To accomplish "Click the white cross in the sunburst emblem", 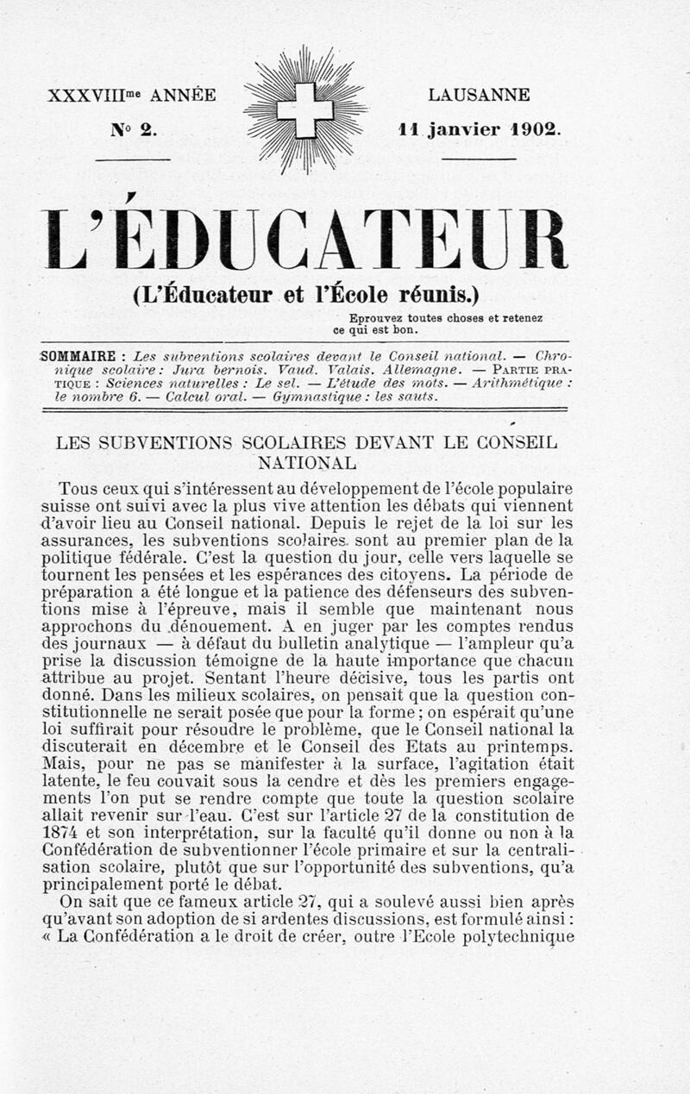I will tap(304, 109).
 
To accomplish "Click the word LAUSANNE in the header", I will tap(479, 95).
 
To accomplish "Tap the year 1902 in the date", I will tap(535, 130).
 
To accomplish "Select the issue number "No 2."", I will tap(132, 130).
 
